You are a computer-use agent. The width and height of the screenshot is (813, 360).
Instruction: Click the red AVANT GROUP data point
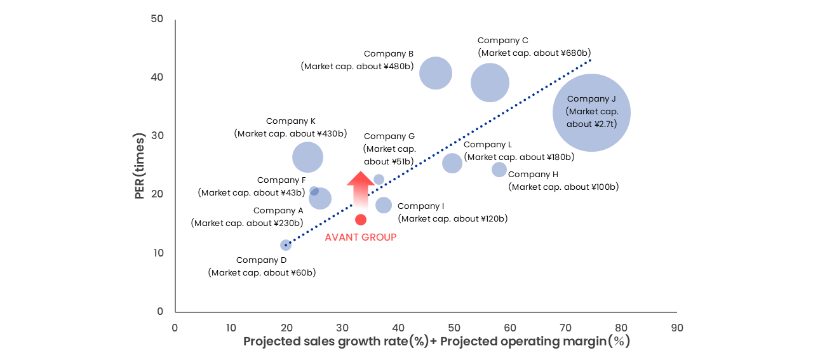pyautogui.click(x=361, y=220)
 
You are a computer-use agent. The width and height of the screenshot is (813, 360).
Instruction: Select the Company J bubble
pyautogui.click(x=591, y=112)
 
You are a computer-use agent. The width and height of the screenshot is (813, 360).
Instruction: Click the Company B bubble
pyautogui.click(x=436, y=73)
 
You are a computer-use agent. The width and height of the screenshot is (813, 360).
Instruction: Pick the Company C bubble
pyautogui.click(x=490, y=83)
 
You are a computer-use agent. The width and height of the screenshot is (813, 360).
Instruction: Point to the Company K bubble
pyautogui.click(x=308, y=157)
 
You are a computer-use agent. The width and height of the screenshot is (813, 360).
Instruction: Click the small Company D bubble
pyautogui.click(x=286, y=245)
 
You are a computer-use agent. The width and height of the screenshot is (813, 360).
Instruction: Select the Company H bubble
pyautogui.click(x=499, y=170)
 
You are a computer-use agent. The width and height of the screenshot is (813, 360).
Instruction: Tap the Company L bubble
pyautogui.click(x=452, y=163)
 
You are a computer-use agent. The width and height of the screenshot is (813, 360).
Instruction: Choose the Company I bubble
pyautogui.click(x=384, y=205)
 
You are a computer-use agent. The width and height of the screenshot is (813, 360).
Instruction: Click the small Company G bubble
pyautogui.click(x=379, y=180)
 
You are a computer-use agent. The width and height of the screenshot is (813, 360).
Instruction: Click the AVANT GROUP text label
pyautogui.click(x=361, y=237)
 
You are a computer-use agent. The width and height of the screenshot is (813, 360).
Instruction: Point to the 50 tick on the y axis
pyautogui.click(x=156, y=19)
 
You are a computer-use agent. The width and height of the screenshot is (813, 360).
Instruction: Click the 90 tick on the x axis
pyautogui.click(x=677, y=328)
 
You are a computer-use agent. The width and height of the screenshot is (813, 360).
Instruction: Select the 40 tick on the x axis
pyautogui.click(x=398, y=328)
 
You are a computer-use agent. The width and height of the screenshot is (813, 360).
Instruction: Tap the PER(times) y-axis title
pyautogui.click(x=140, y=166)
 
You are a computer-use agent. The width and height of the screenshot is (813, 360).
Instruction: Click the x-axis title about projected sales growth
pyautogui.click(x=436, y=342)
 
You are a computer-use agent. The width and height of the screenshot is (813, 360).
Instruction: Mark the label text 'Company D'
pyautogui.click(x=262, y=260)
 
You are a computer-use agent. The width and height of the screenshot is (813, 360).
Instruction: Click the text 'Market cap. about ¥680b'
pyautogui.click(x=535, y=53)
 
